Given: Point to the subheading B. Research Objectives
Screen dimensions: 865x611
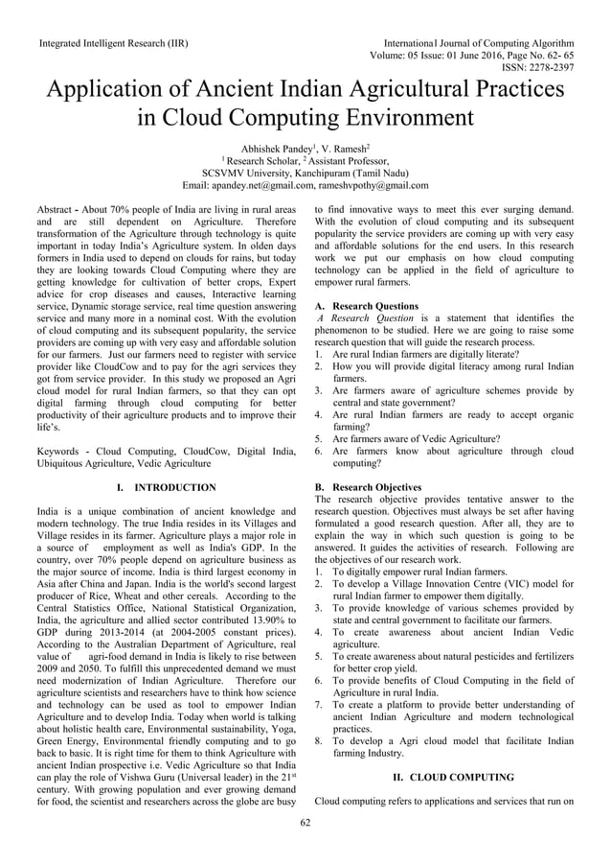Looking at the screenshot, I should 368,487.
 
